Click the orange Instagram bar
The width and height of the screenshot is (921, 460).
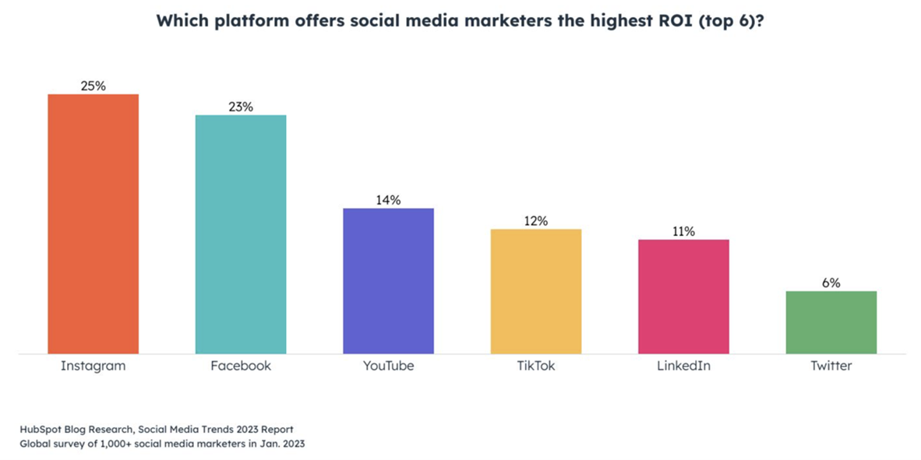[x=94, y=224]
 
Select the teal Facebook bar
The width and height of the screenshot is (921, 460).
[x=241, y=234]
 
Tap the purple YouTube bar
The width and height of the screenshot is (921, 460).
[x=388, y=281]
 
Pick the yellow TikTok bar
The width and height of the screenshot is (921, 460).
[x=535, y=291]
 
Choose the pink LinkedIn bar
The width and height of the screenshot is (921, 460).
[x=683, y=297]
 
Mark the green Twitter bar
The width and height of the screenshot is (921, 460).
[x=831, y=322]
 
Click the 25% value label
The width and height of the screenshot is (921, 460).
[x=94, y=86]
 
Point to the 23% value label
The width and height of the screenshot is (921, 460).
[x=241, y=107]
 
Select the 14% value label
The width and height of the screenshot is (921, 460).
[x=388, y=200]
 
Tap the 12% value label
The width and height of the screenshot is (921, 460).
[x=535, y=221]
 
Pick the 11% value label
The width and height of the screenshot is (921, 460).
[x=683, y=231]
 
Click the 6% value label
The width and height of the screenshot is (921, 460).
[x=831, y=283]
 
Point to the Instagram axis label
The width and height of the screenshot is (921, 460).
[x=94, y=365]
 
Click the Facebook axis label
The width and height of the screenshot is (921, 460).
[x=241, y=365]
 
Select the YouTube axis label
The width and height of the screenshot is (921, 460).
[x=388, y=365]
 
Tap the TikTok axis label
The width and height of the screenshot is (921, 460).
[x=535, y=365]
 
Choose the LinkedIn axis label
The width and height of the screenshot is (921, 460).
[x=683, y=365]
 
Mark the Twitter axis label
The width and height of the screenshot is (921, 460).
[x=831, y=365]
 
